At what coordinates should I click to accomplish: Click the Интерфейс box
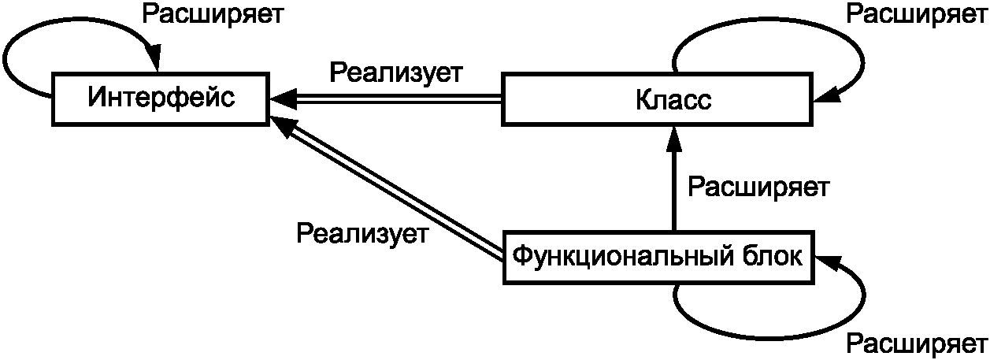161,98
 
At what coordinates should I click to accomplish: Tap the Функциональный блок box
658,257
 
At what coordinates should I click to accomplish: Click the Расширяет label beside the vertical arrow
758,187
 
